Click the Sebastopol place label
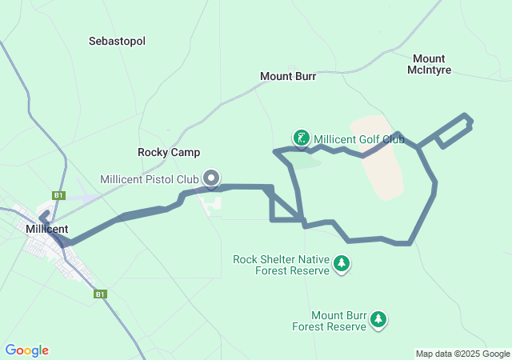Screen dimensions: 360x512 pyautogui.click(x=117, y=41)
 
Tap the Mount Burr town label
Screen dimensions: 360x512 pyautogui.click(x=288, y=77)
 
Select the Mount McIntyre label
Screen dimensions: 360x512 pyautogui.click(x=430, y=64)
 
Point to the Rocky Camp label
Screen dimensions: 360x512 pyautogui.click(x=169, y=152)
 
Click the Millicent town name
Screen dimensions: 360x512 pyautogui.click(x=46, y=229)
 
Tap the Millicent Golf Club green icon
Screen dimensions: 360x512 pyautogui.click(x=302, y=138)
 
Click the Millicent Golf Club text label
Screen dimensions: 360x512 pyautogui.click(x=359, y=138)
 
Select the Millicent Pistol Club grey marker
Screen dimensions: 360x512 pyautogui.click(x=212, y=178)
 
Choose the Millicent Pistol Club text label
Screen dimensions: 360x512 pyautogui.click(x=150, y=179)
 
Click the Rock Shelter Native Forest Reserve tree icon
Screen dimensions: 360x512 pyautogui.click(x=342, y=263)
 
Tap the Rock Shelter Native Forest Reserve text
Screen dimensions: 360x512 pyautogui.click(x=281, y=265)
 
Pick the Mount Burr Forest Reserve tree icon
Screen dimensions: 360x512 pyautogui.click(x=378, y=320)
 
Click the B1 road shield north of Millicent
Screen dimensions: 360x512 pyautogui.click(x=58, y=195)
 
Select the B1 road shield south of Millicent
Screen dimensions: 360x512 pyautogui.click(x=101, y=294)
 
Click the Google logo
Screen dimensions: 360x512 pyautogui.click(x=26, y=350)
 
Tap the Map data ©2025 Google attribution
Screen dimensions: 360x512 pyautogui.click(x=462, y=354)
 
